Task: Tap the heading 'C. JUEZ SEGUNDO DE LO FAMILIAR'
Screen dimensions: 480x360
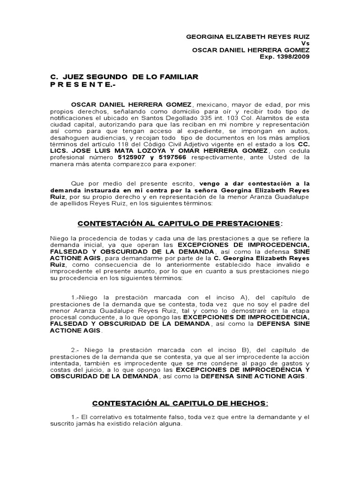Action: click(x=124, y=76)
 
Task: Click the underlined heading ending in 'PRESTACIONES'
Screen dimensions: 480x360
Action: click(x=180, y=224)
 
